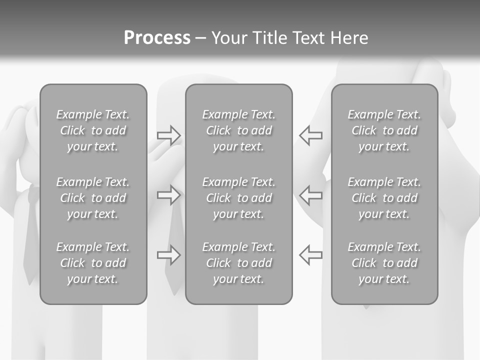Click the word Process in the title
(x=157, y=38)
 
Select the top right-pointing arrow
(x=169, y=135)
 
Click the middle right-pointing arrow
(x=169, y=195)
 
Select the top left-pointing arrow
(x=311, y=135)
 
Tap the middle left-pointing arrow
(x=311, y=195)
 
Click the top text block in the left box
(x=93, y=130)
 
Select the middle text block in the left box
(x=93, y=198)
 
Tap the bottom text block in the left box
(x=93, y=263)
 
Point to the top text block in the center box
(x=239, y=130)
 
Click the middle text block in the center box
(x=239, y=198)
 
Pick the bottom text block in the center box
(x=239, y=263)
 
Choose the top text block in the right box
(x=384, y=130)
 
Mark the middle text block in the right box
(x=384, y=198)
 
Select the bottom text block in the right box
(x=384, y=263)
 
